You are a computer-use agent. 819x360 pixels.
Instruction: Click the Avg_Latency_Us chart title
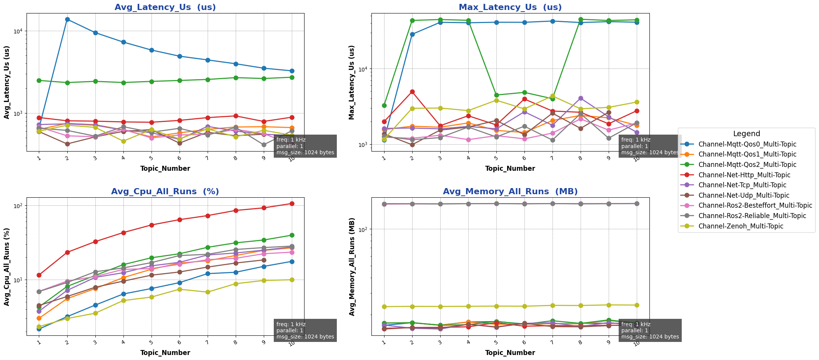165,7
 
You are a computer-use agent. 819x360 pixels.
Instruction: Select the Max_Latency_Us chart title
510,7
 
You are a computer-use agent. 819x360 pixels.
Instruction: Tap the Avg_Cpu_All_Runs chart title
165,192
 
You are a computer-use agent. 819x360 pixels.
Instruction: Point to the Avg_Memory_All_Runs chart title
510,192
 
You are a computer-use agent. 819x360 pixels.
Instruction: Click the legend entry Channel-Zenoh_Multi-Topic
741,226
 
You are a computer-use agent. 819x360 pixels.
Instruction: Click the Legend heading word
746,134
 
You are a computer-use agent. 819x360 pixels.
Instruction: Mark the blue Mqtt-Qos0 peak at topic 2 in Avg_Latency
67,19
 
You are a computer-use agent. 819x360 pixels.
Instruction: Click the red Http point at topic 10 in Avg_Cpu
292,203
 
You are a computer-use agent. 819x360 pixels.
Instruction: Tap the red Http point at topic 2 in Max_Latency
412,92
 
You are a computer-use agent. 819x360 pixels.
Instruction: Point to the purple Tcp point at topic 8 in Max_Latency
581,98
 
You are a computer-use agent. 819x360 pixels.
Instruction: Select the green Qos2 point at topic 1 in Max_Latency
384,105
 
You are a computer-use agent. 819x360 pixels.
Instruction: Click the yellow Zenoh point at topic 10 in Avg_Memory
637,305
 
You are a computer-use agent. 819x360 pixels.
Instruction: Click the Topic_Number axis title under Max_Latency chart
510,168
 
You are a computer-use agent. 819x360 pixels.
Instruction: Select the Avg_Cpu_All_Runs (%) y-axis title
7,266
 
